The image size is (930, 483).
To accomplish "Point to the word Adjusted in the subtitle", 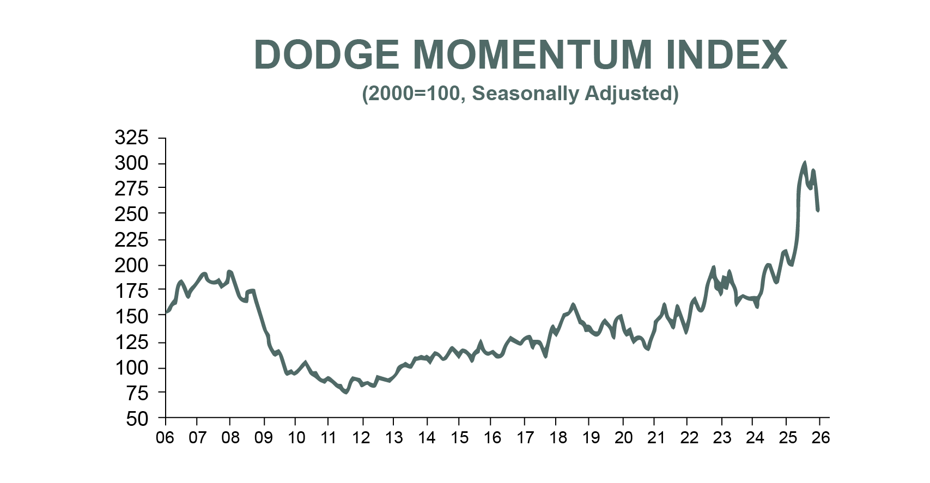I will pyautogui.click(x=631, y=94).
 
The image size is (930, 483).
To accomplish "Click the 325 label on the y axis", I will pyautogui.click(x=131, y=138).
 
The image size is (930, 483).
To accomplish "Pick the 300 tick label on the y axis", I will pyautogui.click(x=131, y=163).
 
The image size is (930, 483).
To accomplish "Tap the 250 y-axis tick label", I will pyautogui.click(x=131, y=214).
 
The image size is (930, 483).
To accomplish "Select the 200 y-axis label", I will pyautogui.click(x=131, y=265).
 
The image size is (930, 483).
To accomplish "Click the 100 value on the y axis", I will pyautogui.click(x=131, y=368).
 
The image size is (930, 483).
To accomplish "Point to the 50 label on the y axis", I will pyautogui.click(x=137, y=419).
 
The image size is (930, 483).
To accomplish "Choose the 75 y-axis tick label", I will pyautogui.click(x=137, y=393).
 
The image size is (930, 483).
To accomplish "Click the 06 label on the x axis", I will pyautogui.click(x=165, y=438).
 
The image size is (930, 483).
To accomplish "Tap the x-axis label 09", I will pyautogui.click(x=264, y=438).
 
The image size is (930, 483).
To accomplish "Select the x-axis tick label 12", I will pyautogui.click(x=361, y=438).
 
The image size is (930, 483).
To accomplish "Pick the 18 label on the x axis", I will pyautogui.click(x=558, y=438).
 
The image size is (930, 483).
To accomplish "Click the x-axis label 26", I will pyautogui.click(x=820, y=438).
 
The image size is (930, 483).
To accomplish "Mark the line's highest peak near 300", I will pyautogui.click(x=804, y=163).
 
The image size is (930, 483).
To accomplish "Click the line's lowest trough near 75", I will pyautogui.click(x=346, y=392).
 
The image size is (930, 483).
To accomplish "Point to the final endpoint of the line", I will pyautogui.click(x=818, y=210).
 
